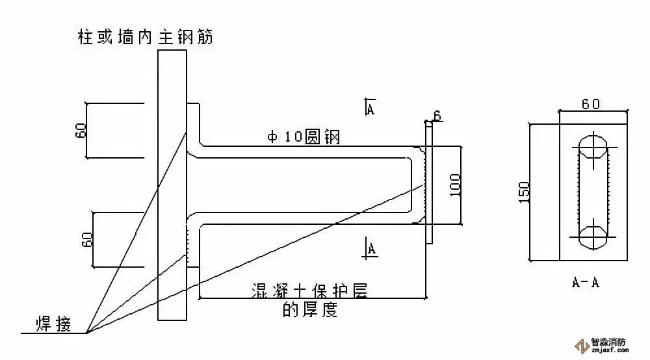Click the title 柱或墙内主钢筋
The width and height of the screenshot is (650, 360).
coord(144,36)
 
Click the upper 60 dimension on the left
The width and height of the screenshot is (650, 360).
coord(81,131)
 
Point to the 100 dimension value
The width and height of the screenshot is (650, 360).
coord(454,185)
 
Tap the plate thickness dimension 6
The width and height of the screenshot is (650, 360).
coord(437,116)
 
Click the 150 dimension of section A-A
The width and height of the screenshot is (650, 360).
coord(525,191)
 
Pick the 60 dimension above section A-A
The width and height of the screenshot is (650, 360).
coord(590,104)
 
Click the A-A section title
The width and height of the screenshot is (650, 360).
coord(585,282)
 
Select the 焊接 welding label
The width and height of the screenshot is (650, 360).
coord(55,322)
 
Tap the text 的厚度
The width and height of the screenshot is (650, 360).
coord(310,310)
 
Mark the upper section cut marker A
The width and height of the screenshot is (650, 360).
coord(369,107)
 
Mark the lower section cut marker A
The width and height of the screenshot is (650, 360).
coord(370,247)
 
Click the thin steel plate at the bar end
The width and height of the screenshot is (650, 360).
coord(429,185)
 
